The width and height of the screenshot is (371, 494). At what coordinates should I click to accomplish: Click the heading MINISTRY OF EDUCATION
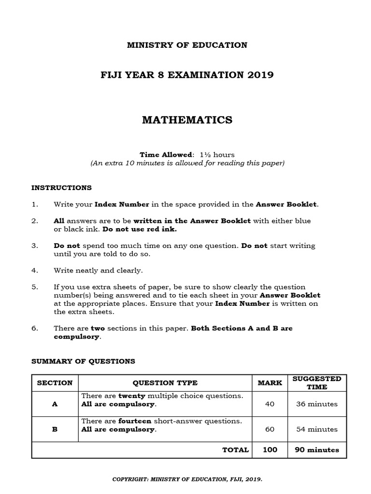coord(187,45)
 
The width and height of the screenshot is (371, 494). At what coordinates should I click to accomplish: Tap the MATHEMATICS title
coord(187,120)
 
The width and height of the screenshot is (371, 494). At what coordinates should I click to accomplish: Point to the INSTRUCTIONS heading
coord(61,188)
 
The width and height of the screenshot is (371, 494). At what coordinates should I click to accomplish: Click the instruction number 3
coord(35,246)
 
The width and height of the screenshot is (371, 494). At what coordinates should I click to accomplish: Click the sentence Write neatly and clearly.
coord(98,270)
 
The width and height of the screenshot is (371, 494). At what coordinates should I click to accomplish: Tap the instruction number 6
coord(35,328)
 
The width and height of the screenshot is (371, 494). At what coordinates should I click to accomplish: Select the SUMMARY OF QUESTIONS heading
coord(83,361)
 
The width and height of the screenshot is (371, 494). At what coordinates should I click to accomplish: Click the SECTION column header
coord(55,383)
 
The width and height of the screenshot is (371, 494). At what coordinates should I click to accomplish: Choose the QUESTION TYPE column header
coord(165,383)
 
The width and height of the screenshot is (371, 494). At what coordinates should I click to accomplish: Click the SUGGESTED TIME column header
coord(316,383)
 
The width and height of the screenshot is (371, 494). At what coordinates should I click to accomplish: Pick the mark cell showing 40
coord(270,404)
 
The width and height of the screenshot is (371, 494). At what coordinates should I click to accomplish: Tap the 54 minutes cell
coord(316,429)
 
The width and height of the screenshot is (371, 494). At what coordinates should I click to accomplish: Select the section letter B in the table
coord(55,429)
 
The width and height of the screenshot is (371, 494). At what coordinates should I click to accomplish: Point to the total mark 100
coord(270,450)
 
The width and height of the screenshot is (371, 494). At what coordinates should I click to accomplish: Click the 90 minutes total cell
coord(316,450)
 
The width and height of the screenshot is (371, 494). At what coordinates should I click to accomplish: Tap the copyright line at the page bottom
coord(187,480)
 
